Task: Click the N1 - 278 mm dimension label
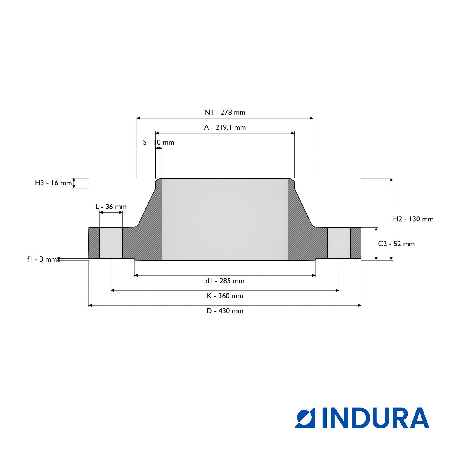(x=225, y=112)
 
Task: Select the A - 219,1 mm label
(x=225, y=127)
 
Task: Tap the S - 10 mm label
(x=159, y=142)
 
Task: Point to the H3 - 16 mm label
(x=54, y=183)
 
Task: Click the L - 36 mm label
(x=111, y=207)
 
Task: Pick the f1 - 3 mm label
(x=42, y=259)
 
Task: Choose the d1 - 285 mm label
(x=225, y=281)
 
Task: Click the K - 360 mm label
(x=225, y=296)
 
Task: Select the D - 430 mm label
(x=225, y=311)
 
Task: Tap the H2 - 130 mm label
(x=413, y=219)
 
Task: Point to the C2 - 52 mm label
(x=396, y=244)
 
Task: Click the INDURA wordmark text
(x=376, y=418)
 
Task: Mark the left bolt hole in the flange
(x=111, y=243)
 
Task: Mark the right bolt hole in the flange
(x=339, y=243)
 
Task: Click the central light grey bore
(x=225, y=219)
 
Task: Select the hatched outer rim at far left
(x=94, y=243)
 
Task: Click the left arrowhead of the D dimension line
(x=91, y=305)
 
